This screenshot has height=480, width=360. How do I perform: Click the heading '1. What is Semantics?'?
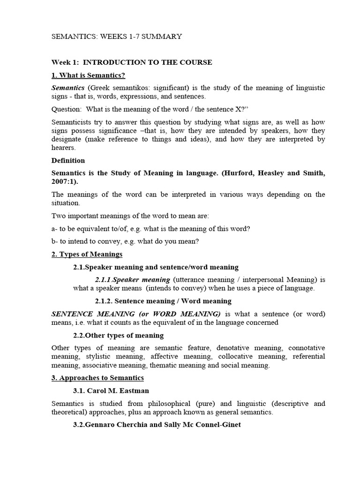(x=88, y=75)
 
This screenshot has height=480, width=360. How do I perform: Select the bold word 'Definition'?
(x=68, y=160)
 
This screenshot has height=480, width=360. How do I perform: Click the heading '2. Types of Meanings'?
(x=87, y=254)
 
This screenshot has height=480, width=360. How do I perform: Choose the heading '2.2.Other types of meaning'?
(x=118, y=335)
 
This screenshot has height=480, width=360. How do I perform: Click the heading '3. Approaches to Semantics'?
(x=97, y=378)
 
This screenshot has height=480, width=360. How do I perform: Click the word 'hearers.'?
(x=63, y=147)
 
